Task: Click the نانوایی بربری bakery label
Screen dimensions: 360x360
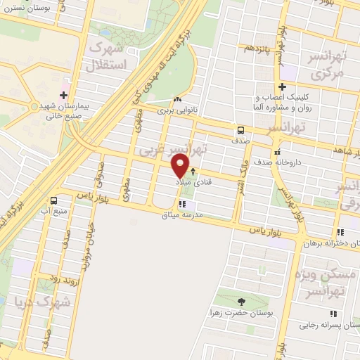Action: [174, 110]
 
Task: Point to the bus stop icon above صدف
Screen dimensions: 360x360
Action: [241, 130]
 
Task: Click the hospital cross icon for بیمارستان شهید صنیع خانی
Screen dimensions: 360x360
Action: [64, 95]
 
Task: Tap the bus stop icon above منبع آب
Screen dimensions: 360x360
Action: [55, 199]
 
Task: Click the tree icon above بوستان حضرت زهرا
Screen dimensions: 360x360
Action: [240, 300]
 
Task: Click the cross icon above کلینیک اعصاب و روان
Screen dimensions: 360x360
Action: [281, 86]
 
